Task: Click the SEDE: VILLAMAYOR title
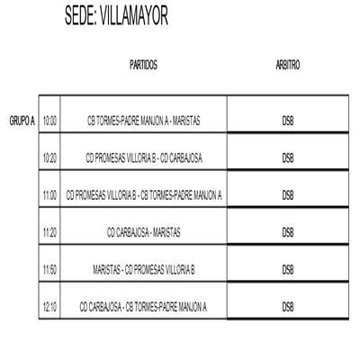pyautogui.click(x=116, y=15)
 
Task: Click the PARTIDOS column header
pyautogui.click(x=143, y=65)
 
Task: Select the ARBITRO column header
pyautogui.click(x=288, y=65)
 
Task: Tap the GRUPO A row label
pyautogui.click(x=22, y=121)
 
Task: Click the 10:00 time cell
pyautogui.click(x=49, y=121)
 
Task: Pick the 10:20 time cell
pyautogui.click(x=49, y=158)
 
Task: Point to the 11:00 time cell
pyautogui.click(x=49, y=195)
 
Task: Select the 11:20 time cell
pyautogui.click(x=49, y=232)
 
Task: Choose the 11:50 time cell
pyautogui.click(x=49, y=270)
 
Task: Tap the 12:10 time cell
pyautogui.click(x=49, y=307)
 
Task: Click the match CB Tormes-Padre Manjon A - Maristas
pyautogui.click(x=144, y=121)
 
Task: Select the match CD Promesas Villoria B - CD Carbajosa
pyautogui.click(x=144, y=158)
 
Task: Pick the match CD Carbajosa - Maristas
pyautogui.click(x=144, y=232)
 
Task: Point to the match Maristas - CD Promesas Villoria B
pyautogui.click(x=144, y=270)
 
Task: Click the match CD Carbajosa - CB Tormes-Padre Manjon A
pyautogui.click(x=143, y=307)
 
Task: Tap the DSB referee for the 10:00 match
pyautogui.click(x=288, y=121)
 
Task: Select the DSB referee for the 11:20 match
pyautogui.click(x=288, y=232)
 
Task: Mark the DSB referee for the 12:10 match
pyautogui.click(x=288, y=307)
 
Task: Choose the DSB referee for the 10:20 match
pyautogui.click(x=288, y=158)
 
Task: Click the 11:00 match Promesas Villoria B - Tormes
pyautogui.click(x=144, y=195)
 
